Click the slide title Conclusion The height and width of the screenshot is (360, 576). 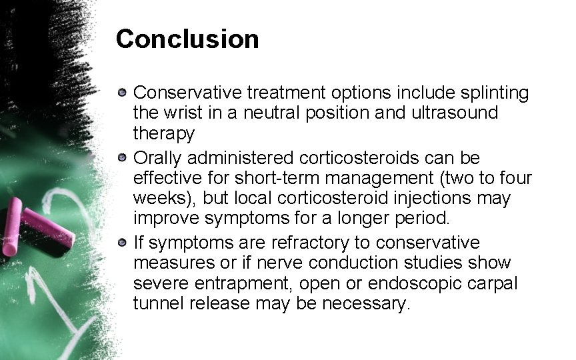187,39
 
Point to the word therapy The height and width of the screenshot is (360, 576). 164,133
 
